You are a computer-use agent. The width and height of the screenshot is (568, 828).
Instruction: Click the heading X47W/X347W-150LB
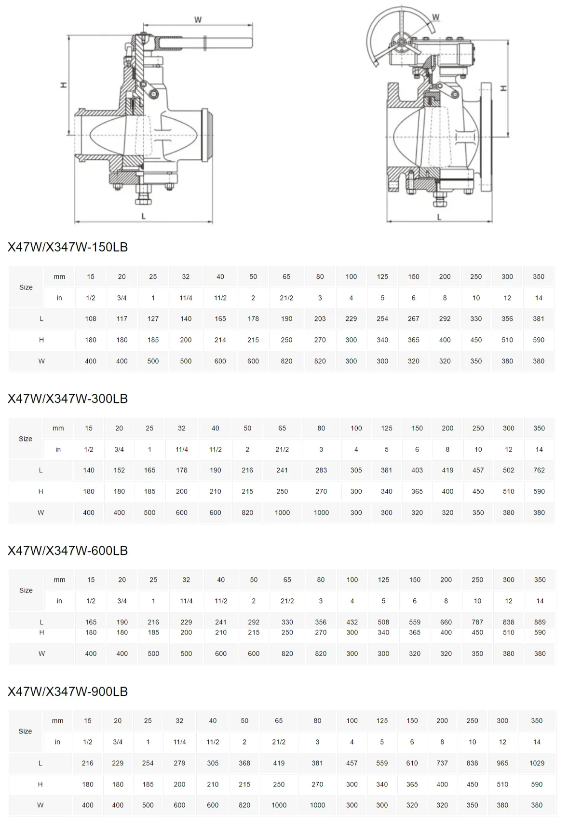pyautogui.click(x=68, y=247)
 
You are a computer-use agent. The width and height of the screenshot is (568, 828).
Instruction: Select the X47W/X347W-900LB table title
pyautogui.click(x=68, y=691)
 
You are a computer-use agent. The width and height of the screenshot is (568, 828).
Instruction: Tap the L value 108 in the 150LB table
pyautogui.click(x=91, y=319)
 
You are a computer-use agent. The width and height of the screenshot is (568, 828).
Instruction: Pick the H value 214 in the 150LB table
pyautogui.click(x=220, y=340)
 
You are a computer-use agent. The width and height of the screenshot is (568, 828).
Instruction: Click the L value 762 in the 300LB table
pyautogui.click(x=539, y=470)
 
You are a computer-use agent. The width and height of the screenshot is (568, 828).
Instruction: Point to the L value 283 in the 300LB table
pyautogui.click(x=321, y=470)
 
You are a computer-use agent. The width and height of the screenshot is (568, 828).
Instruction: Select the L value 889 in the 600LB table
pyautogui.click(x=540, y=622)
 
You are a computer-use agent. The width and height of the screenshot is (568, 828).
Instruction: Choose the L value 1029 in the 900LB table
pyautogui.click(x=537, y=763)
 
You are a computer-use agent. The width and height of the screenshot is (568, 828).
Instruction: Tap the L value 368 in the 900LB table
pyautogui.click(x=244, y=763)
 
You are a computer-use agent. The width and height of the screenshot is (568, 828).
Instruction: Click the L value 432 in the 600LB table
pyautogui.click(x=352, y=622)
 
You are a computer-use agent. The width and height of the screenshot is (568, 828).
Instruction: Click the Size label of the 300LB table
pyautogui.click(x=26, y=439)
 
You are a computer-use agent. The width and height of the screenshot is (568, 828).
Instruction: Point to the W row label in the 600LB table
pyautogui.click(x=41, y=654)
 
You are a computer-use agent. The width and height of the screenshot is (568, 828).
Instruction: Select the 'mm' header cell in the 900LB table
pyautogui.click(x=57, y=721)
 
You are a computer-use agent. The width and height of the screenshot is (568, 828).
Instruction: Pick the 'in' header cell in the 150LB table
pyautogui.click(x=59, y=298)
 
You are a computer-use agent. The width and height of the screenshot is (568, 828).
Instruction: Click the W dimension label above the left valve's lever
pyautogui.click(x=198, y=20)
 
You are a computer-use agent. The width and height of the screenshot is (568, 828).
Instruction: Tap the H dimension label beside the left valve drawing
pyautogui.click(x=63, y=85)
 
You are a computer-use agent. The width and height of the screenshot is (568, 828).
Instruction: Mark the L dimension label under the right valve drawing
pyautogui.click(x=439, y=218)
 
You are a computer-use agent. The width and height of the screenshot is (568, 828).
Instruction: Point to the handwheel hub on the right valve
pyautogui.click(x=402, y=43)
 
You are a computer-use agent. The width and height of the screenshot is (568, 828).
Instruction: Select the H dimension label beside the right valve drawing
pyautogui.click(x=503, y=89)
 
